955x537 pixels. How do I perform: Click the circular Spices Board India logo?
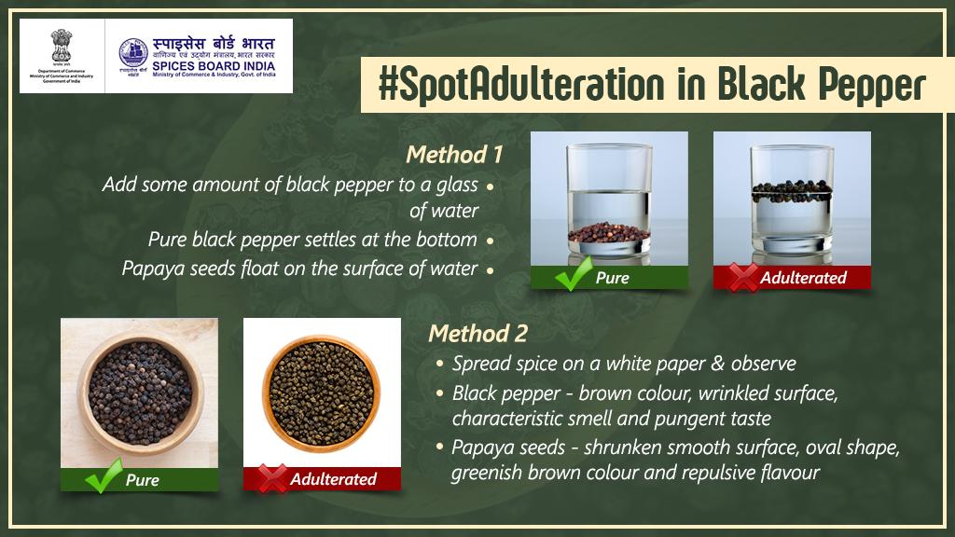(133, 55)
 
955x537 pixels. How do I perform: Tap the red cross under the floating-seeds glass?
(743, 277)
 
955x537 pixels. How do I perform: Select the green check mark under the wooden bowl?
(103, 480)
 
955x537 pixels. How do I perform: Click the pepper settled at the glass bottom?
(609, 232)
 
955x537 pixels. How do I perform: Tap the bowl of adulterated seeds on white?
(322, 392)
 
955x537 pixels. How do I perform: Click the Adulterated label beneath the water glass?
(803, 277)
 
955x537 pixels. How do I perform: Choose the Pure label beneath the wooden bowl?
(142, 480)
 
